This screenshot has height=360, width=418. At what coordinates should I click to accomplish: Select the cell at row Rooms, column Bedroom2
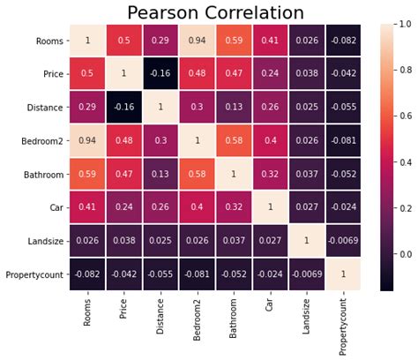[197, 40]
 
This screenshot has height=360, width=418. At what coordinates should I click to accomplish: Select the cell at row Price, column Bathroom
[233, 73]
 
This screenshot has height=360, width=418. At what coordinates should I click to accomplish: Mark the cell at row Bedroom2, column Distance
[160, 139]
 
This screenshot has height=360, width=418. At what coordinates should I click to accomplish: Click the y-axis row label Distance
[43, 107]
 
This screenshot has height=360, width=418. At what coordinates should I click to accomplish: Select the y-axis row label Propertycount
[34, 274]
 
